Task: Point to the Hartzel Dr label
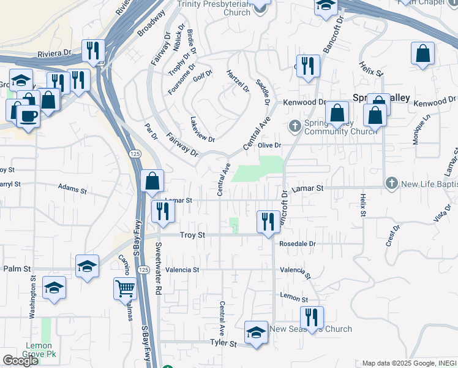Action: pyautogui.click(x=238, y=80)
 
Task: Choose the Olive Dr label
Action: pyautogui.click(x=269, y=145)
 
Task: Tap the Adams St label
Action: pyautogui.click(x=73, y=187)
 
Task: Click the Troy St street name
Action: pyautogui.click(x=190, y=235)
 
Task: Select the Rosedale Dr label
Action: pyautogui.click(x=297, y=243)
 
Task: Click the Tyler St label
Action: pyautogui.click(x=223, y=343)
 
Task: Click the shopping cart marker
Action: pyautogui.click(x=126, y=287)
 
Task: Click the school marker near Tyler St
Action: pyautogui.click(x=256, y=332)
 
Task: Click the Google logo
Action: pyautogui.click(x=20, y=361)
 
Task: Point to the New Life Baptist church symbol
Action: pyautogui.click(x=391, y=183)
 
